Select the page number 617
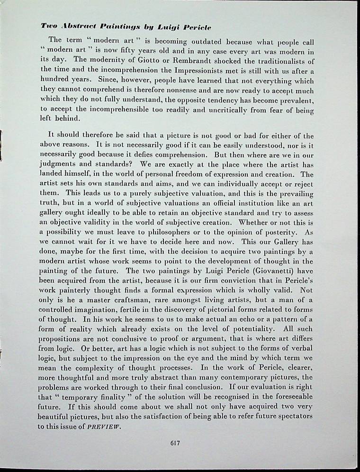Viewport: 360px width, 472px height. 176,443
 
